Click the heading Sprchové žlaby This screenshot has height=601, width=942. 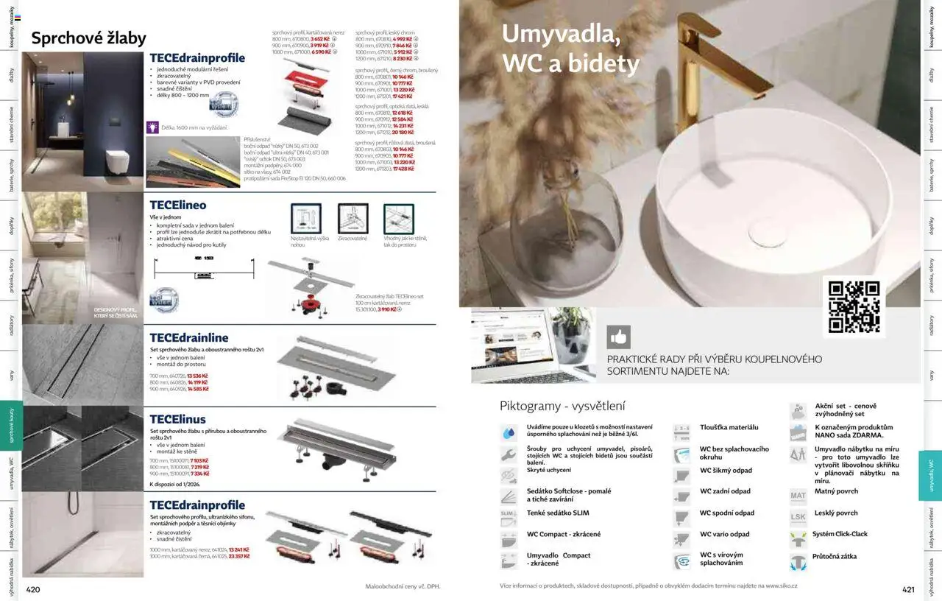88,38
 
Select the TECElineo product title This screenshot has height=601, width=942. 178,205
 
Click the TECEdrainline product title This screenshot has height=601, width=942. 189,338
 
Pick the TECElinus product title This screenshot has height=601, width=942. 178,419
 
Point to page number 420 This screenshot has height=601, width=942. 34,589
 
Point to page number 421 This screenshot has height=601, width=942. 907,589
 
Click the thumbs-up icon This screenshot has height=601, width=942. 618,337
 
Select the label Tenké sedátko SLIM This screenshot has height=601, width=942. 558,513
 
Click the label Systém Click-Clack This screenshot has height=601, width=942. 840,535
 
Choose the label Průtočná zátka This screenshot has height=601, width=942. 834,557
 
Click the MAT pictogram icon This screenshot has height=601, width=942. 798,496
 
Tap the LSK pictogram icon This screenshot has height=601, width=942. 798,517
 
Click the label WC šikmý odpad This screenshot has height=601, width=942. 726,471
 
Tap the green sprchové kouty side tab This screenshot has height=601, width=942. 11,425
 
